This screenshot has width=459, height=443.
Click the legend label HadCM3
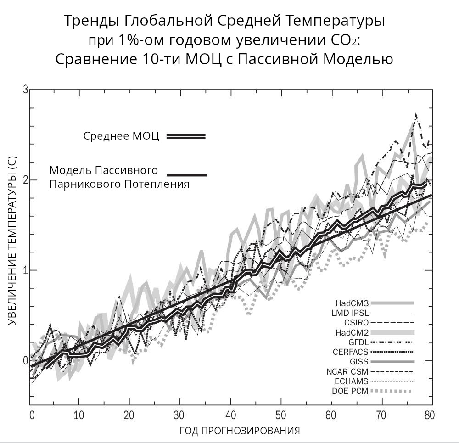point(352,303)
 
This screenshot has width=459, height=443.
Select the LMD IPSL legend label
point(350,313)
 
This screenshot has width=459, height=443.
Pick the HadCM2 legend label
point(352,332)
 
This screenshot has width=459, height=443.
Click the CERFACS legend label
point(351,352)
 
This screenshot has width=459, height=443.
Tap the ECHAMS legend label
point(352,381)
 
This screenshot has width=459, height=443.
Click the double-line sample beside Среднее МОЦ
point(186,136)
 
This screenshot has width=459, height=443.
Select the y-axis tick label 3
point(26,89)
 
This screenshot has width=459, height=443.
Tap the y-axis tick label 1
point(26,270)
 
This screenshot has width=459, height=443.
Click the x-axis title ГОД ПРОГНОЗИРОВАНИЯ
point(240,431)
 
